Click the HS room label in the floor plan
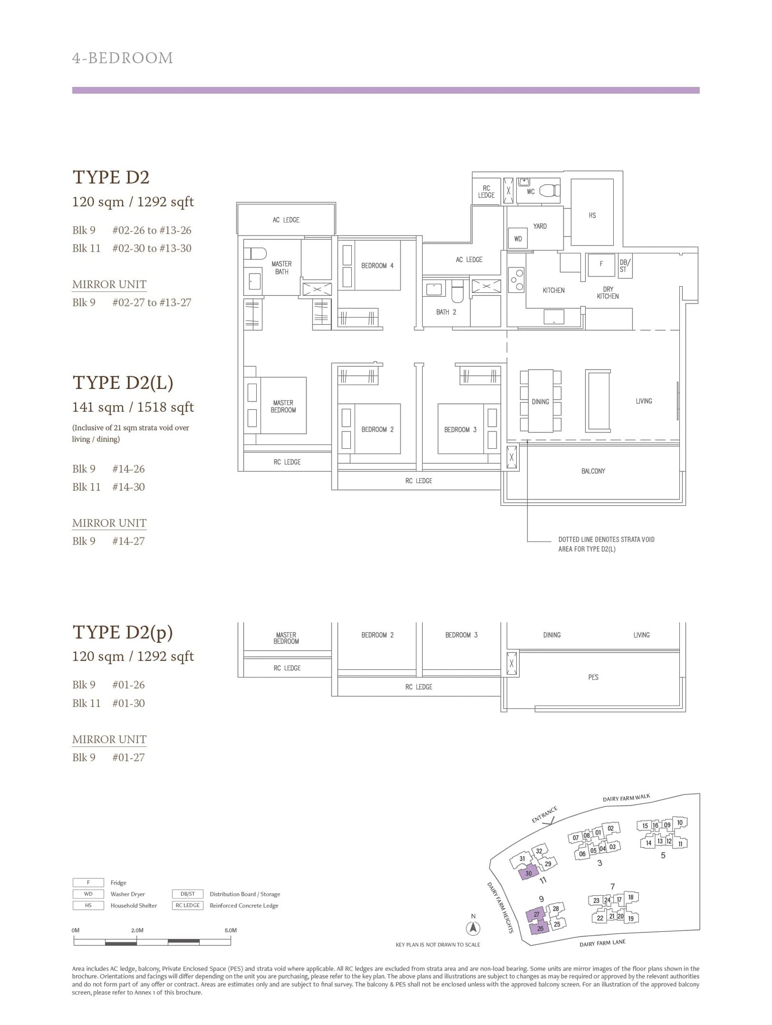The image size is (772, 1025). (x=592, y=215)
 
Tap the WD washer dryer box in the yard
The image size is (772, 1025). (x=518, y=238)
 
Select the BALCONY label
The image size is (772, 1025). (x=593, y=471)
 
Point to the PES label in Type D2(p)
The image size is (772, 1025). (x=593, y=677)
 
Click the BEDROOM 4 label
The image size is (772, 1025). (x=377, y=265)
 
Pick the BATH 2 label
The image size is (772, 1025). (x=446, y=312)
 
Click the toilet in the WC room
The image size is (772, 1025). (x=550, y=191)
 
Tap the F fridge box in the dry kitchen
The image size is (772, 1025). (x=601, y=264)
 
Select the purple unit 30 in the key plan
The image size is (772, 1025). (x=528, y=873)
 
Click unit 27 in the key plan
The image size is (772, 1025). (x=536, y=914)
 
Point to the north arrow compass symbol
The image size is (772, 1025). (x=473, y=927)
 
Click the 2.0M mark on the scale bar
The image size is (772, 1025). (x=137, y=930)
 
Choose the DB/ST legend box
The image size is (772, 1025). (x=188, y=894)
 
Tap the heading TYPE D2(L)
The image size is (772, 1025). (x=123, y=383)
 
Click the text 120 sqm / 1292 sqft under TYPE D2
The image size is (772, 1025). (x=133, y=202)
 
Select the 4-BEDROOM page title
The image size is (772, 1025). (x=122, y=58)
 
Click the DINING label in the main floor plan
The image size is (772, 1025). (x=540, y=402)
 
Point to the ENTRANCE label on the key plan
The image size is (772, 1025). (x=545, y=814)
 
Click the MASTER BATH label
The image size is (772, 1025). (x=281, y=268)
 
